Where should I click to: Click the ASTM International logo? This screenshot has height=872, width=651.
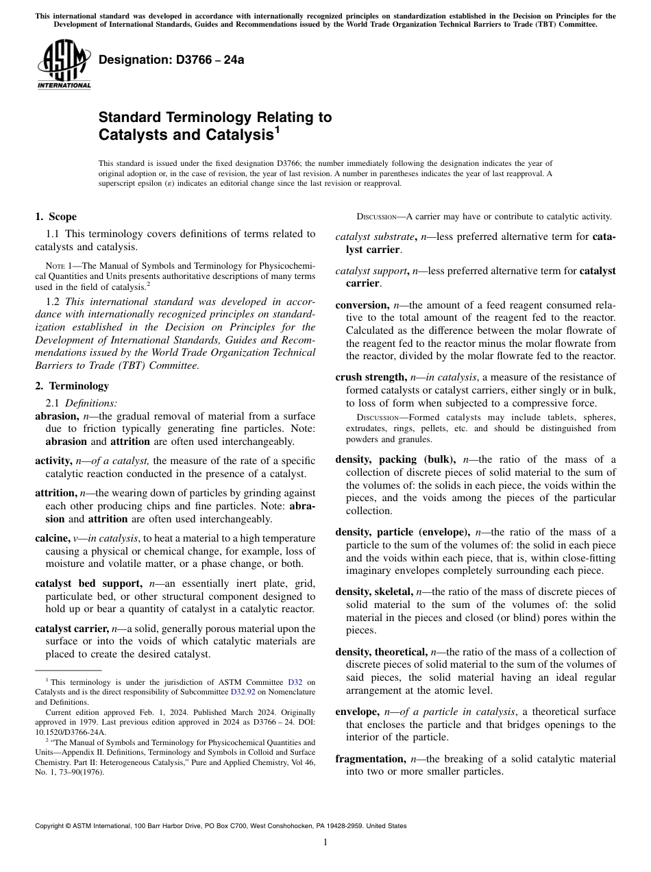point(64,64)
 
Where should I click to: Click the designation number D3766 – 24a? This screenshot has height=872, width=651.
point(171,60)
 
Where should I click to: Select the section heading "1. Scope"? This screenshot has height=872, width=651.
point(56,217)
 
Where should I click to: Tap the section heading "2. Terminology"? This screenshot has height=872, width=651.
point(71,386)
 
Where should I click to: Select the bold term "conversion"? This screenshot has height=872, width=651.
point(361,304)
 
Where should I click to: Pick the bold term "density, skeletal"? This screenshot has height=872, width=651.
point(373,592)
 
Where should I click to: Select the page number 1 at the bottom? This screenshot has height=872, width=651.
point(325,843)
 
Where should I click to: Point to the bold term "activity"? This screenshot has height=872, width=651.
point(53,460)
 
